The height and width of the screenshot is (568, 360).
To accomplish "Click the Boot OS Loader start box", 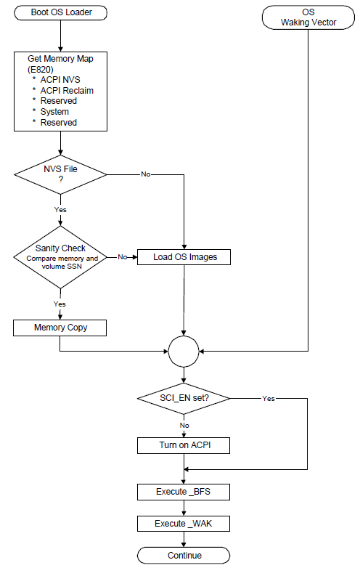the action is [60, 12].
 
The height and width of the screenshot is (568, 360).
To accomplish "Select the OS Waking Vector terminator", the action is [308, 17].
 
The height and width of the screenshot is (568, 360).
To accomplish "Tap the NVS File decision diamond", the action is [60, 174].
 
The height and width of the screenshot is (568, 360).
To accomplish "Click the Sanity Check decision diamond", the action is [60, 257].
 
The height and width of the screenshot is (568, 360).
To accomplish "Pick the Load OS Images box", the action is [184, 257].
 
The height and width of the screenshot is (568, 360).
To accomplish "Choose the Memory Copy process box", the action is [60, 328].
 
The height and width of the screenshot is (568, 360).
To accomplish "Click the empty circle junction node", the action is [184, 352].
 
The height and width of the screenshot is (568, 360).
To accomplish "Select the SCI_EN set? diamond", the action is [184, 399].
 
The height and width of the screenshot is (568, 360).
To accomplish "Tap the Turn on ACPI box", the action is [184, 445].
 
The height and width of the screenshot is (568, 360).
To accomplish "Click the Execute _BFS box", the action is [184, 492].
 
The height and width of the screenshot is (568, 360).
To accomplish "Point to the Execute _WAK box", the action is [184, 524].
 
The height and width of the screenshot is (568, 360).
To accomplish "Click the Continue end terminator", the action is [184, 556].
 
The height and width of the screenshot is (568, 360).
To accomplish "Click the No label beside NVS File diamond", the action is [146, 174].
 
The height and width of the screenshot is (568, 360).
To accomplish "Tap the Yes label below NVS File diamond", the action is [60, 209].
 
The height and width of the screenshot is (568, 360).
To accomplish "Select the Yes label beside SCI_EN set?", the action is [269, 399].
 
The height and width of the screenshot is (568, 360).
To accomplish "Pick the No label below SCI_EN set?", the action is [184, 426].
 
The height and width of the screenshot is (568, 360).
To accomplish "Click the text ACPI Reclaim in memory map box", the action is [67, 91].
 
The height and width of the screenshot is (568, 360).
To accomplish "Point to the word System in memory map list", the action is [54, 112].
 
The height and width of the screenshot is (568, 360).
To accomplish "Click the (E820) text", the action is [41, 69].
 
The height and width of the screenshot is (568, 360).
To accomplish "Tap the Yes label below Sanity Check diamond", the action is [60, 304].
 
